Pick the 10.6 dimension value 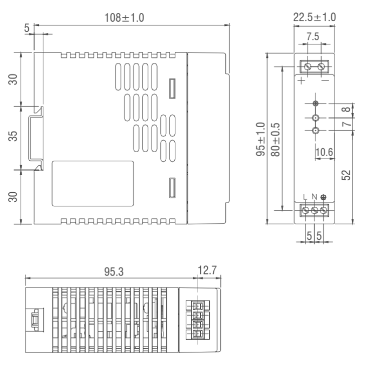324,153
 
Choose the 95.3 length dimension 114,271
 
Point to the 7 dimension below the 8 347,123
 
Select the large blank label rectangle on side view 93,183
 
